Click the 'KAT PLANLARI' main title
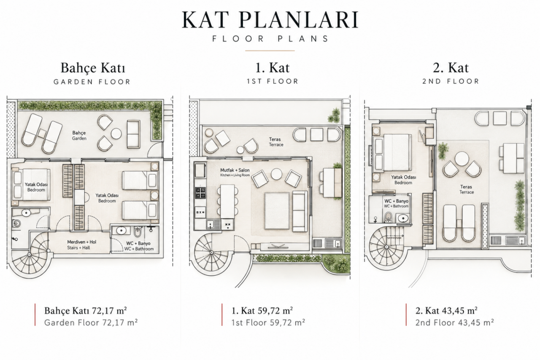tap(270, 20)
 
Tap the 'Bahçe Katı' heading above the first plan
tap(93, 68)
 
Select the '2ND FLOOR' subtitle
tap(451, 81)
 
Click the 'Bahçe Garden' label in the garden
tap(79, 136)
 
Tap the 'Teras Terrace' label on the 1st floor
tap(276, 142)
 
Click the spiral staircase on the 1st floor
tap(212, 253)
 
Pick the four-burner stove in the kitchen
tap(200, 193)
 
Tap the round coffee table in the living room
tap(276, 174)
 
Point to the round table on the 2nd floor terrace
tap(462, 159)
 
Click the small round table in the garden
tap(116, 134)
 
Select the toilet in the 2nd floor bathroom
tap(388, 216)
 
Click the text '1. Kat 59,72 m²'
tap(262, 311)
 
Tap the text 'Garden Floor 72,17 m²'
tap(91, 322)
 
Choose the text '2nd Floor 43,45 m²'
tap(454, 322)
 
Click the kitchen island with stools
tap(227, 201)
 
